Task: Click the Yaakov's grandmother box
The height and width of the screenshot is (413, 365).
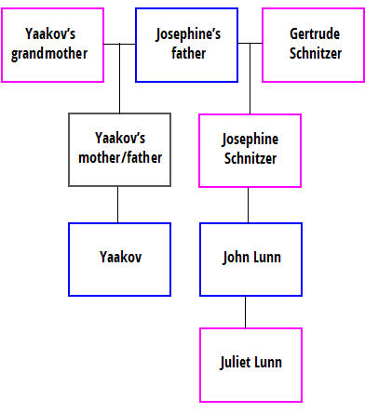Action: coord(52,45)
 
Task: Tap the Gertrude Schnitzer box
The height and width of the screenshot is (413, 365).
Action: coord(309,45)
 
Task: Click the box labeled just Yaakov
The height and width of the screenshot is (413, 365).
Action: coord(118,258)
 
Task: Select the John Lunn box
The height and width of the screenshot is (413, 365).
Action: coord(250,258)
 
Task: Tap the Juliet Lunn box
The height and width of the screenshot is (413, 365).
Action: coord(250,363)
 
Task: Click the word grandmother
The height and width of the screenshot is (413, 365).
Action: coord(52,53)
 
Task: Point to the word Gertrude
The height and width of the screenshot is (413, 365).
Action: coord(309,36)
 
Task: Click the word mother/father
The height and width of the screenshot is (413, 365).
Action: coord(118,158)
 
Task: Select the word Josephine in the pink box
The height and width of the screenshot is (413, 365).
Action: coord(250,141)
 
